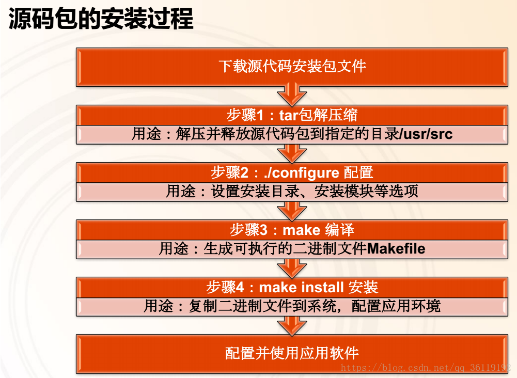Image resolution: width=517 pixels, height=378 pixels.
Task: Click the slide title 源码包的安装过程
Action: [x=101, y=19]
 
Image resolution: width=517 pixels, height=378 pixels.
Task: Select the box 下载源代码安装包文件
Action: [x=292, y=67]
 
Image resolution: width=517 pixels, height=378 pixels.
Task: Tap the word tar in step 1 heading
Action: [x=289, y=115]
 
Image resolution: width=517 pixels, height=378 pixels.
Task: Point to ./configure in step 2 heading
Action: [x=301, y=173]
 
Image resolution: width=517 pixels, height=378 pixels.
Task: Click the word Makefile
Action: [x=396, y=248]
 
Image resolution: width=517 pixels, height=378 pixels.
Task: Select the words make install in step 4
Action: [x=302, y=287]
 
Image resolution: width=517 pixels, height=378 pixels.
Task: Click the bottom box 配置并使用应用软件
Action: [x=292, y=354]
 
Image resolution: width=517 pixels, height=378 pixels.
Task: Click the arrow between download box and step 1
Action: [x=292, y=94]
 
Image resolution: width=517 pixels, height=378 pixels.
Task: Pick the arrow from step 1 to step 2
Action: [x=292, y=153]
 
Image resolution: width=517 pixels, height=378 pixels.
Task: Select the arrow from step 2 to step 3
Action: [x=292, y=211]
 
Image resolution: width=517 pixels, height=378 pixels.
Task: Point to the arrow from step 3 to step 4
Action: [x=292, y=268]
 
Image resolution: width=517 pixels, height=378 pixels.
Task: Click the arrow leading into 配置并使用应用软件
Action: [x=292, y=326]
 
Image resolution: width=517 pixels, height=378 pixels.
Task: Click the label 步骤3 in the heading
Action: [x=248, y=230]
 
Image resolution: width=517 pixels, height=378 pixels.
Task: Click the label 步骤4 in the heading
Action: [x=225, y=287]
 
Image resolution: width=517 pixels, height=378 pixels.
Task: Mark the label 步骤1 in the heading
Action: [x=245, y=115]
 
